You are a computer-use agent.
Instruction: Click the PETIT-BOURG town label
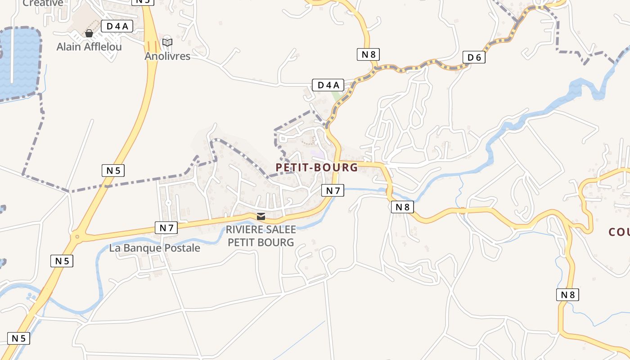pyautogui.click(x=316, y=167)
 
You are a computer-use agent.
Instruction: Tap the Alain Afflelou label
pyautogui.click(x=89, y=47)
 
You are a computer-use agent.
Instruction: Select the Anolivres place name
pyautogui.click(x=167, y=56)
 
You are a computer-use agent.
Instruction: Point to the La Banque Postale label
pyautogui.click(x=155, y=248)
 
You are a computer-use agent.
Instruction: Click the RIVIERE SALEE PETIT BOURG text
pyautogui.click(x=261, y=236)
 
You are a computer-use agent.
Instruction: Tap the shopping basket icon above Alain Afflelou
pyautogui.click(x=89, y=33)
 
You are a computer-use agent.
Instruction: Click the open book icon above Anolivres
pyautogui.click(x=167, y=42)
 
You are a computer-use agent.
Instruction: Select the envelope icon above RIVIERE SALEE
pyautogui.click(x=261, y=216)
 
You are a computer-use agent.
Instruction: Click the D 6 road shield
pyautogui.click(x=474, y=57)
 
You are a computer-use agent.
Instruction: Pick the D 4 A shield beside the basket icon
pyautogui.click(x=117, y=26)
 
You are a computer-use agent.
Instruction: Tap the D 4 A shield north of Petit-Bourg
pyautogui.click(x=328, y=85)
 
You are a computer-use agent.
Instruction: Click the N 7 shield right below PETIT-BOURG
pyautogui.click(x=333, y=190)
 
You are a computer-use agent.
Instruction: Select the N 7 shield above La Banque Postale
pyautogui.click(x=166, y=228)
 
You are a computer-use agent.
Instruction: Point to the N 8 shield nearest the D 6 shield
pyautogui.click(x=368, y=54)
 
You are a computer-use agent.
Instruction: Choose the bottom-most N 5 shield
pyautogui.click(x=18, y=338)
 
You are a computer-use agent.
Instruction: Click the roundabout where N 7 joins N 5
pyautogui.click(x=77, y=236)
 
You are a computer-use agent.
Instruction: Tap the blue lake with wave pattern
pyautogui.click(x=18, y=63)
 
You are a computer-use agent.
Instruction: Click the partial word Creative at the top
pyautogui.click(x=43, y=3)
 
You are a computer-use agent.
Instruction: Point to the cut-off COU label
pyautogui.click(x=619, y=232)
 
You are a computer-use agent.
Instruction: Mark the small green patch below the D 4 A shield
pyautogui.click(x=337, y=96)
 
